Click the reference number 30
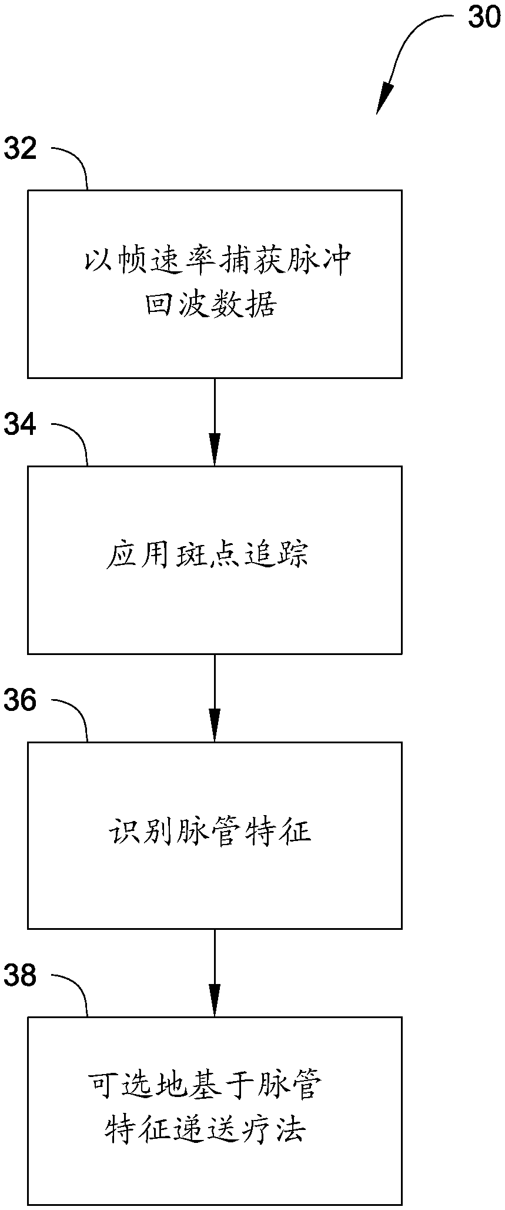point(483,18)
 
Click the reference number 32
point(21,149)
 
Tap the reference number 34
point(21,425)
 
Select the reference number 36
point(21,701)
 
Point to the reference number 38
point(21,976)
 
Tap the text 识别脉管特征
point(210,832)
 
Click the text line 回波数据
point(210,305)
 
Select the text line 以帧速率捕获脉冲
point(218,260)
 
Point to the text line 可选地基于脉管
point(205,1085)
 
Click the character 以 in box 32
point(97,260)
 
